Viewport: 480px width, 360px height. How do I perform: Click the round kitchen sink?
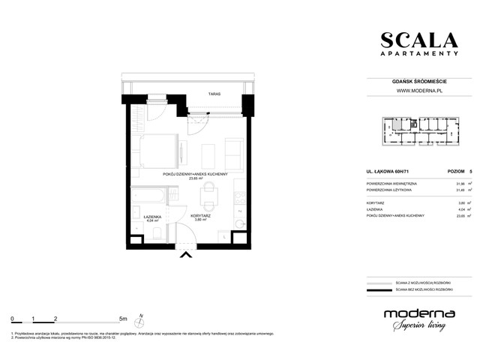(x=238, y=223)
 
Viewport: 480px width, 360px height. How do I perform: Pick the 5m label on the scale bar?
(x=123, y=319)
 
